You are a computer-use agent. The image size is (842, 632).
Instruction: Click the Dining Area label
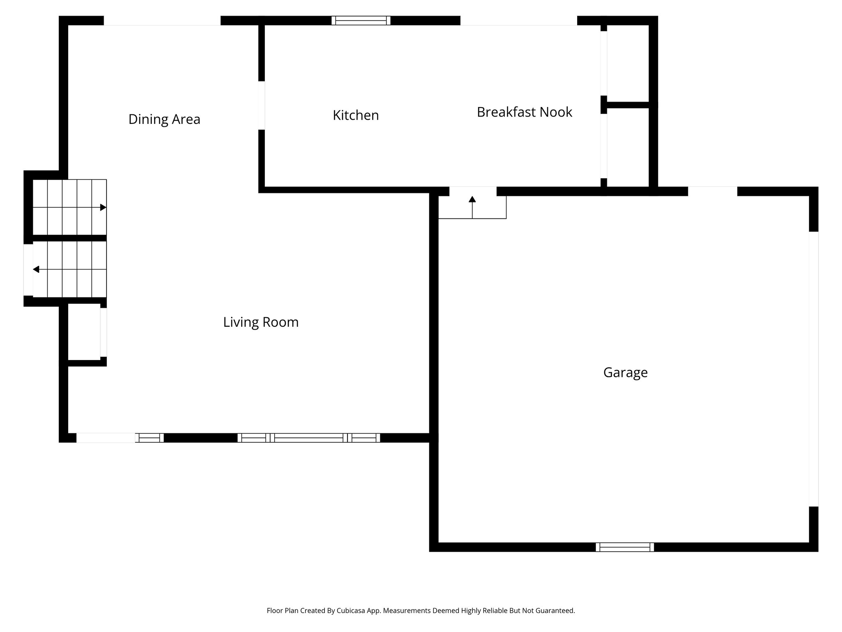[x=164, y=119]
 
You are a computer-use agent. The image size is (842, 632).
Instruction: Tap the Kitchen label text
[x=356, y=115]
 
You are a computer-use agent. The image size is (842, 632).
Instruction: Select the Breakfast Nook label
[x=524, y=112]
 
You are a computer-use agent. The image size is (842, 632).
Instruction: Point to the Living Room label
[x=261, y=322]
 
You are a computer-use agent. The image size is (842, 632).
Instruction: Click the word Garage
[x=625, y=372]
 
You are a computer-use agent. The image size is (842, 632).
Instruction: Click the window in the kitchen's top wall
[x=361, y=21]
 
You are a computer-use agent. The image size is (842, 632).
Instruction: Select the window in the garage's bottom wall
[x=625, y=547]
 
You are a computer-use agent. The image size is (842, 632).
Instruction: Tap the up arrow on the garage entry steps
[x=472, y=200]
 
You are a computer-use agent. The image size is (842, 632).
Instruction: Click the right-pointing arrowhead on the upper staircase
[x=103, y=207]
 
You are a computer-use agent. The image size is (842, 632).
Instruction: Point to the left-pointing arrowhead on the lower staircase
[x=36, y=270]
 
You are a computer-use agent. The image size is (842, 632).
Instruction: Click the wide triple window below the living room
[x=308, y=438]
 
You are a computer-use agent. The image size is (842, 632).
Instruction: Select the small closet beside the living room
[x=84, y=332]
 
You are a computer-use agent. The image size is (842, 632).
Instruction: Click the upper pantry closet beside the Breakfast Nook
[x=627, y=63]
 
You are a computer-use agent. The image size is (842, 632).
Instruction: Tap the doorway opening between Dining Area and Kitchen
[x=261, y=105]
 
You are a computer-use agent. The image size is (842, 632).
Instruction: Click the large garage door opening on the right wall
[x=813, y=369]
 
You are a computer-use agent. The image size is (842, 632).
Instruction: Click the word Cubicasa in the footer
[x=352, y=611]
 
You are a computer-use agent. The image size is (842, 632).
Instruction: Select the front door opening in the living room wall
[x=106, y=438]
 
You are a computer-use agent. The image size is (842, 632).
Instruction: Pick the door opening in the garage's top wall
[x=712, y=191]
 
